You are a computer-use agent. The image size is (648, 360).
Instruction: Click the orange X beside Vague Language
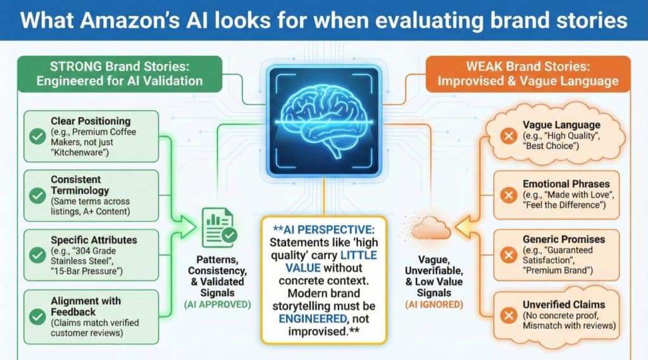tap(508, 136)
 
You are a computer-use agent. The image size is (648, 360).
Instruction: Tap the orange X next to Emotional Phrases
tap(508, 195)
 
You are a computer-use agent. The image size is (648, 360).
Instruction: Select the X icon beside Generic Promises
tap(508, 255)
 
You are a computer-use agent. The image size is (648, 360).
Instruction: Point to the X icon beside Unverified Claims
tap(508, 315)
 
